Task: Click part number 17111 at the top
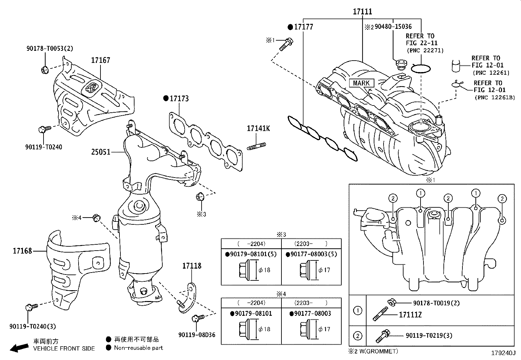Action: coord(362,11)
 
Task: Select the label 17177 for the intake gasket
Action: coord(303,27)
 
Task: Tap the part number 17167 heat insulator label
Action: coord(100,60)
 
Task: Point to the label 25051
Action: coord(101,152)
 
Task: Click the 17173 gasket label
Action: coord(179,99)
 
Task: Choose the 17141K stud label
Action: coord(258,128)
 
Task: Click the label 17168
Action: coord(22,251)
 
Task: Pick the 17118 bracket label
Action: coord(192,266)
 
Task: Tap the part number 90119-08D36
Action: coord(197,335)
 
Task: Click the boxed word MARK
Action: coord(361,83)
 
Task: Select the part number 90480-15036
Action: coord(393,27)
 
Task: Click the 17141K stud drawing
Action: coord(256,146)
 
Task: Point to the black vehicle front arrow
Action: coord(19,348)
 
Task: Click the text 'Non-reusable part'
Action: coord(138,348)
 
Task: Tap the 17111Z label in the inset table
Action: coord(410,315)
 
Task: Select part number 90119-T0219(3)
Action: coord(429,335)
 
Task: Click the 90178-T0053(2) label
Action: coord(50,48)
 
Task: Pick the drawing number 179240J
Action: coord(503,353)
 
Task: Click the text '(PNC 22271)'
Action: coord(425,50)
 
